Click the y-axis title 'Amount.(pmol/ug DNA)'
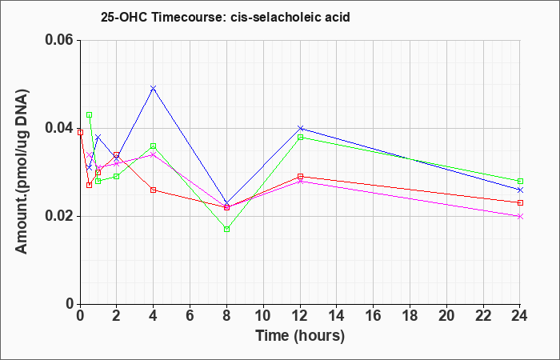pos(22,172)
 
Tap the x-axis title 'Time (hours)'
pos(300,336)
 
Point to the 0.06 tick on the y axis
pos(62,40)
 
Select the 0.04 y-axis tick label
pos(62,128)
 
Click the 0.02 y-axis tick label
pos(62,216)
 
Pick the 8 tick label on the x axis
pos(226,316)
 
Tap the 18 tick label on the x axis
pos(410,316)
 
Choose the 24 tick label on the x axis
pos(520,316)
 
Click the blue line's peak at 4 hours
pos(154,88)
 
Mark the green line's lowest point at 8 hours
pos(226,229)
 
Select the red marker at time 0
pos(80,132)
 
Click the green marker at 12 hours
pos(300,137)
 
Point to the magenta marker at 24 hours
pos(520,217)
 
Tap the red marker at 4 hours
pos(154,190)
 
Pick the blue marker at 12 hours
pos(300,128)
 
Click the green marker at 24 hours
pos(520,181)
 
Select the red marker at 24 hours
pos(520,203)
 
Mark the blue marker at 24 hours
pos(520,190)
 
